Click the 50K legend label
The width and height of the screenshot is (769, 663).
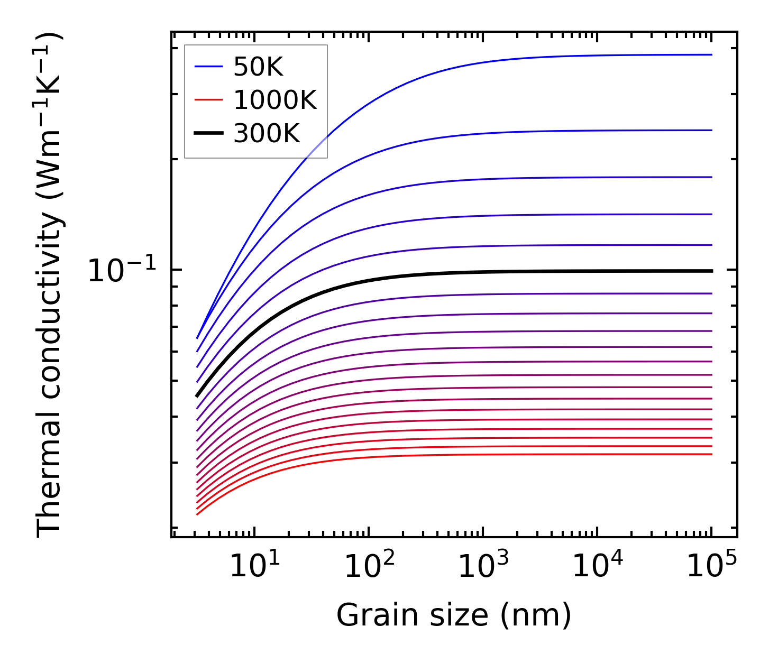click(x=259, y=67)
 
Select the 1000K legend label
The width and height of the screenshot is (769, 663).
click(x=275, y=100)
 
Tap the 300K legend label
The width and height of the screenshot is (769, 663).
click(x=267, y=134)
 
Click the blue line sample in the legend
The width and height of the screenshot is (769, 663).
click(x=209, y=67)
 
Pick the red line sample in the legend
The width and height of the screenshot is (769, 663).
click(x=209, y=100)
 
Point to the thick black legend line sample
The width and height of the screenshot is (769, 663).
click(x=209, y=133)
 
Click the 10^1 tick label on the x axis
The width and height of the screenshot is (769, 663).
click(x=254, y=567)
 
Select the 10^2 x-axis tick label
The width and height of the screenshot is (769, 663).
click(x=369, y=567)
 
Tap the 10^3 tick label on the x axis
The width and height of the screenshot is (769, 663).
click(x=483, y=567)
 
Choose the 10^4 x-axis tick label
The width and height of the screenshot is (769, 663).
click(x=597, y=567)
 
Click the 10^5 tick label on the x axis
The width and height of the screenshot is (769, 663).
click(x=711, y=567)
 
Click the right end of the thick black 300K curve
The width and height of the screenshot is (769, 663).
click(x=711, y=271)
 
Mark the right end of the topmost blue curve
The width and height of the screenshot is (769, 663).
click(x=711, y=54)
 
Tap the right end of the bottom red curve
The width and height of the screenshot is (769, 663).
click(x=711, y=454)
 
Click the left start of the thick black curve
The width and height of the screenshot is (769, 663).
click(x=197, y=396)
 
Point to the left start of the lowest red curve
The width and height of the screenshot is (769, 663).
click(x=197, y=514)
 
